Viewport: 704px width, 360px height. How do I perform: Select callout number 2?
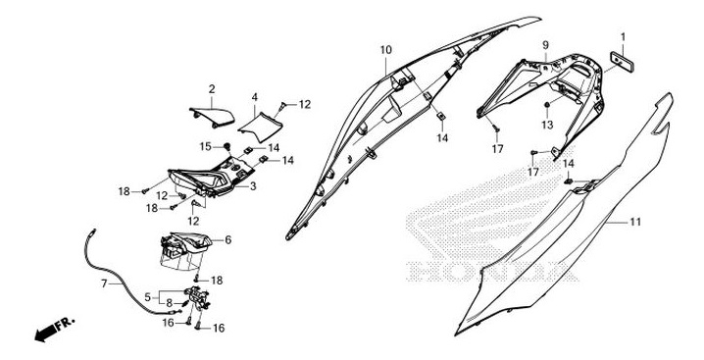click(212, 90)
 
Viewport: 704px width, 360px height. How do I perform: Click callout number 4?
click(255, 97)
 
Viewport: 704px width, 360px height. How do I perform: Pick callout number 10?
click(385, 49)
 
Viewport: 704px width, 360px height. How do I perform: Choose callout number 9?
click(545, 44)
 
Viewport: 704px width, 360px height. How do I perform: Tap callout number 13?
click(547, 125)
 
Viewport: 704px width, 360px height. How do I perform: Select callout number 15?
click(207, 146)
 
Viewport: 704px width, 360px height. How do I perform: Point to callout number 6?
click(227, 239)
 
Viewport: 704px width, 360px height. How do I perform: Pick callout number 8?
click(170, 302)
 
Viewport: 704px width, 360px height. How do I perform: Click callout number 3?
click(253, 185)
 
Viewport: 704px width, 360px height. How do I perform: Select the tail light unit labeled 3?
click(209, 183)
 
